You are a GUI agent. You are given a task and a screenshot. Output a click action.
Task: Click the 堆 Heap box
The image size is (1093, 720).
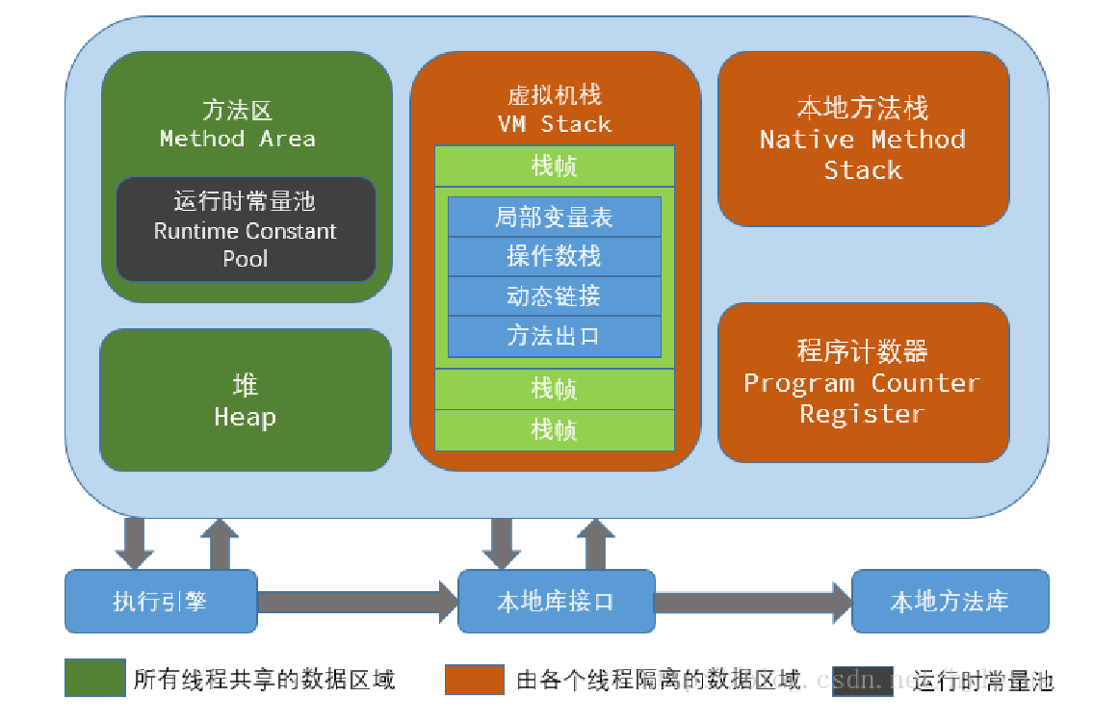246,400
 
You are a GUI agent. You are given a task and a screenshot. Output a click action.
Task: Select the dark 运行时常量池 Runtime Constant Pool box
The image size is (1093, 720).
246,229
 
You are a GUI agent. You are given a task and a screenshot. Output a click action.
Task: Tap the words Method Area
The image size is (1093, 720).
237,139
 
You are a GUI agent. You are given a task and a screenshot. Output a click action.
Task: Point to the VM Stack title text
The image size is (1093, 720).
555,123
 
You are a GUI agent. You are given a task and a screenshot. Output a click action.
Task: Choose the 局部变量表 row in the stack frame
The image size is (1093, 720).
555,218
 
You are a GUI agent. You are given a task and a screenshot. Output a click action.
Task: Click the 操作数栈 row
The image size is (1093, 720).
555,257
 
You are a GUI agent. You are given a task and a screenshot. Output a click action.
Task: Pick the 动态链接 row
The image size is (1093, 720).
555,296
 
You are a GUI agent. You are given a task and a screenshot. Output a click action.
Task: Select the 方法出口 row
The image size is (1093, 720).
555,336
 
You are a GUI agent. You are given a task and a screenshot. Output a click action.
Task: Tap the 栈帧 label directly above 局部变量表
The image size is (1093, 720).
555,167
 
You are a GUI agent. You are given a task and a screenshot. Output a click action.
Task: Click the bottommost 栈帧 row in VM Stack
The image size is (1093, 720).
555,429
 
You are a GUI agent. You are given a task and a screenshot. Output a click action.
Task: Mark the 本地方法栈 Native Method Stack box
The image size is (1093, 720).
863,139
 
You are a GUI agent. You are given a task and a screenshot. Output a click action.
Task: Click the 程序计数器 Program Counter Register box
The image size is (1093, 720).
863,382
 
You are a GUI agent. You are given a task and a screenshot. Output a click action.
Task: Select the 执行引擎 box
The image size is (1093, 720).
161,602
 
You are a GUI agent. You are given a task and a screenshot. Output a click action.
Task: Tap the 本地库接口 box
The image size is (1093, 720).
556,602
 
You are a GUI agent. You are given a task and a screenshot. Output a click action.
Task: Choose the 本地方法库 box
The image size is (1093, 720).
950,602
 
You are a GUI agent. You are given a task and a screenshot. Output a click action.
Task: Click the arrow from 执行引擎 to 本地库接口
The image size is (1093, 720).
356,602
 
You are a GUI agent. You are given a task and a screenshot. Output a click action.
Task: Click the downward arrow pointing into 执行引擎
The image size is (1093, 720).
134,543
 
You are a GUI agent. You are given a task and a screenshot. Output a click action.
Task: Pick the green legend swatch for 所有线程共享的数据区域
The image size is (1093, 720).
94,678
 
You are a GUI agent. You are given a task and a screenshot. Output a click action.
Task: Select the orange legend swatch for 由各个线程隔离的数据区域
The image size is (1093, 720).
475,678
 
